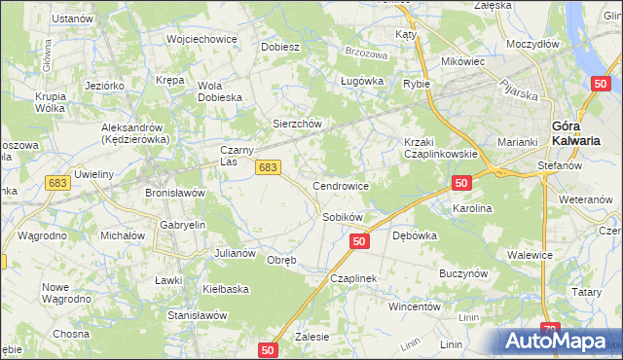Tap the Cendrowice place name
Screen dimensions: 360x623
(340, 185)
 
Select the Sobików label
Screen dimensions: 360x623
(342, 217)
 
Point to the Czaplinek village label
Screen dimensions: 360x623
(352, 278)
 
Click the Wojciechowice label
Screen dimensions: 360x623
(202, 39)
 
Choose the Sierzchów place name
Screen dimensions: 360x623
(296, 124)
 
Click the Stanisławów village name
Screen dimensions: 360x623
(198, 315)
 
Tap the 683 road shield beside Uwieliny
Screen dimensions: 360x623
(57, 183)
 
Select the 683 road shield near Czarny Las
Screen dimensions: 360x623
(270, 168)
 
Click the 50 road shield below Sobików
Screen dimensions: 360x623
(360, 240)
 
